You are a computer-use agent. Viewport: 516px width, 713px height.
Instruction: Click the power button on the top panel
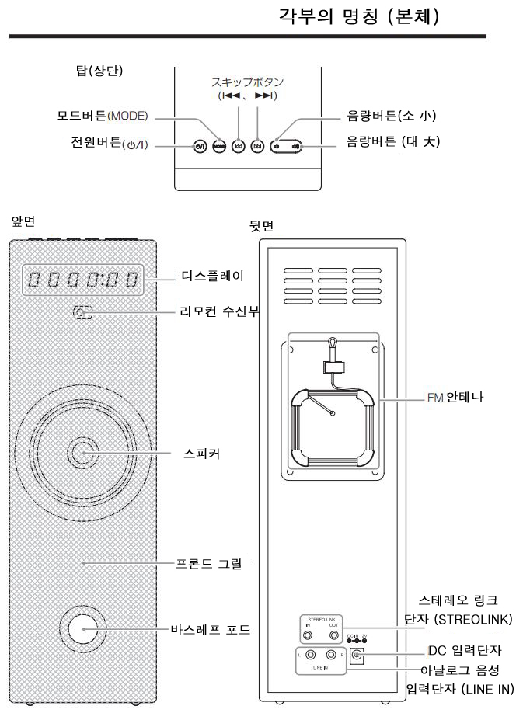coord(200,146)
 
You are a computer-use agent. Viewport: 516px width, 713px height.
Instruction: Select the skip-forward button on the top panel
coord(257,146)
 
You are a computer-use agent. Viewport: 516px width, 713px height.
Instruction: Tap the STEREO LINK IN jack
coord(309,635)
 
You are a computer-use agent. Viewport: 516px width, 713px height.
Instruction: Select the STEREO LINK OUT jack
coord(334,635)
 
